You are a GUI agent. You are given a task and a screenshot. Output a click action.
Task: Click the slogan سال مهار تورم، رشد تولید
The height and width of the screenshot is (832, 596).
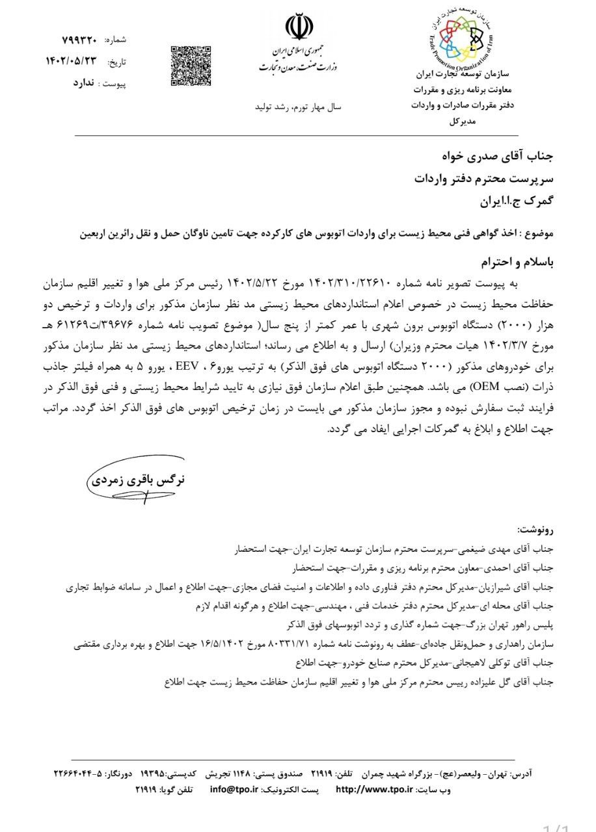click(x=293, y=105)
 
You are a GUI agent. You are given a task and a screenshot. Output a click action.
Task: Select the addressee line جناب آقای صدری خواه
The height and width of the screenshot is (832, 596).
click(x=498, y=157)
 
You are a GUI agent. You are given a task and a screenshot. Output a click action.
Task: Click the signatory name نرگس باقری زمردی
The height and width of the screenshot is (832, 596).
click(x=137, y=480)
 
